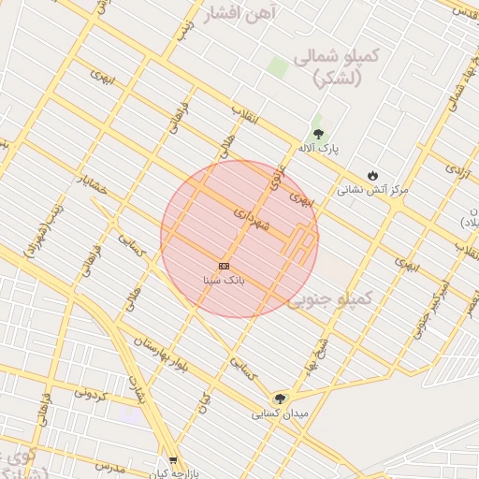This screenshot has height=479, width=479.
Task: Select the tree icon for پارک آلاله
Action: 318,135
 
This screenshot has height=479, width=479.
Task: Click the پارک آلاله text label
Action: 318,149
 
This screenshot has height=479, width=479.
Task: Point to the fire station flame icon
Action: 372,175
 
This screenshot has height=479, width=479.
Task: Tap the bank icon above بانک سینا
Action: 224,267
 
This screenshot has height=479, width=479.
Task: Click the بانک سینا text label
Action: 224,280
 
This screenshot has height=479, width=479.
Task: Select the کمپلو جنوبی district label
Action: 330,298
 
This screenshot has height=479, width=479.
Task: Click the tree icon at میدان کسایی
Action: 280,399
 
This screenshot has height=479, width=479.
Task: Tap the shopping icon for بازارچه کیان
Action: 173,459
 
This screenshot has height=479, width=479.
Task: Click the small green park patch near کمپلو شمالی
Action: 278,67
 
